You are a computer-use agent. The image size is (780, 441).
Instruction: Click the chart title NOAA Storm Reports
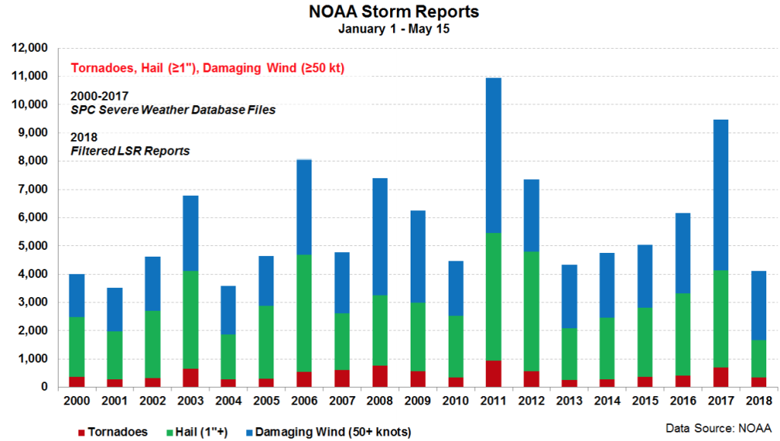(389, 13)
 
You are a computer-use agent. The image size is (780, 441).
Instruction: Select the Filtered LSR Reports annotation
(129, 152)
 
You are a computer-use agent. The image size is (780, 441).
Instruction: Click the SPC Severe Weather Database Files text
(172, 110)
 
